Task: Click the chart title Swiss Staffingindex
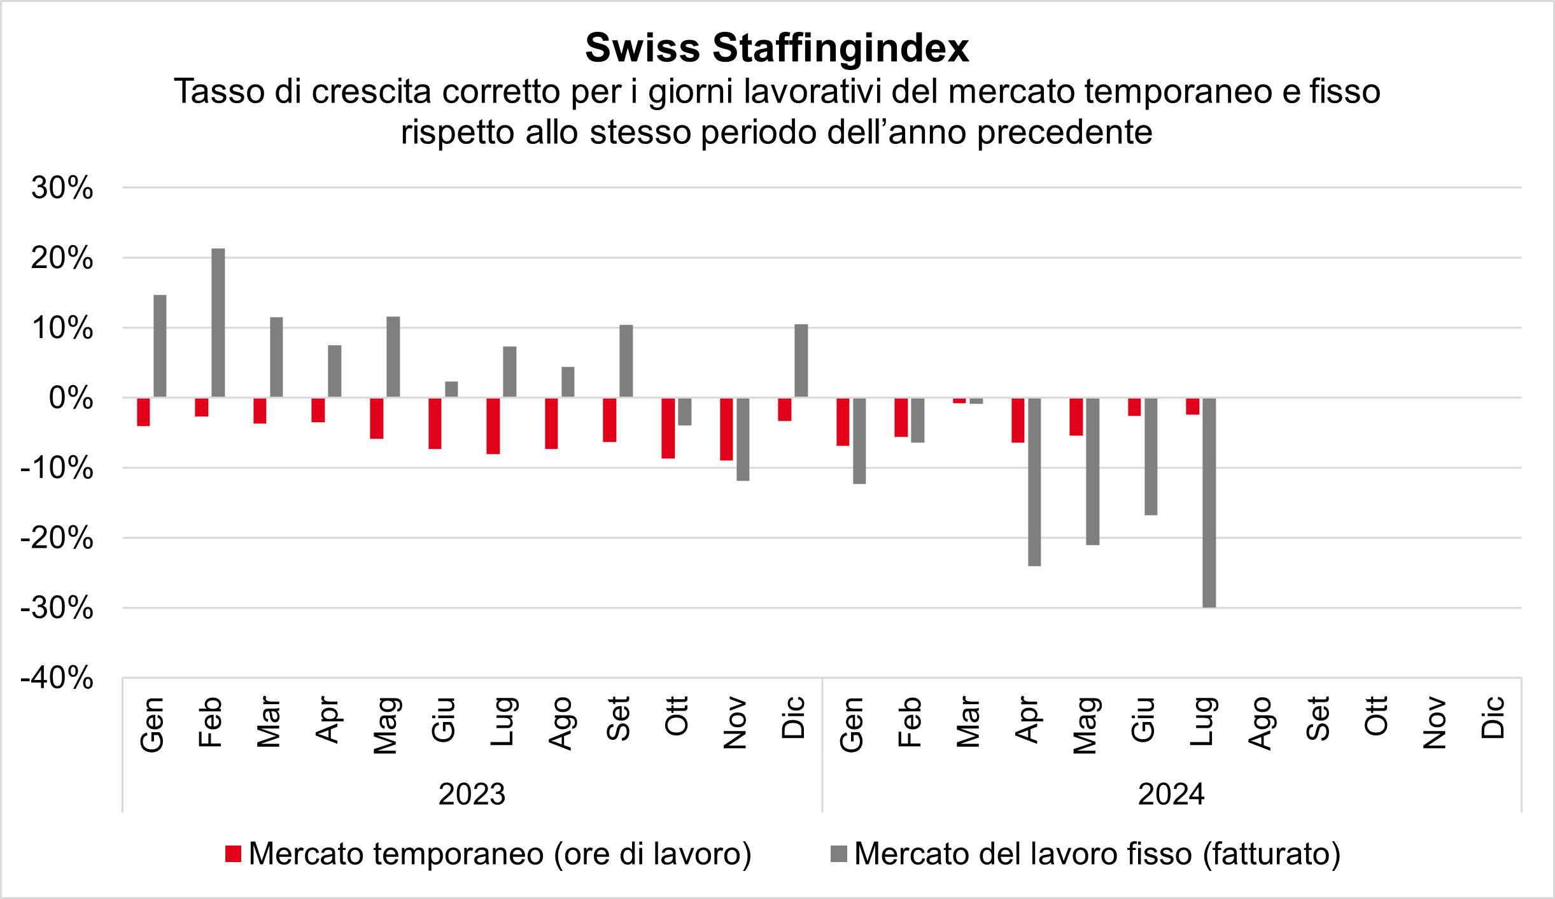777,48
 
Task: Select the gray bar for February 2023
218,323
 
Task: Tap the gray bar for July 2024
1209,502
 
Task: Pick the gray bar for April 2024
1034,482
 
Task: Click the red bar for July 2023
493,426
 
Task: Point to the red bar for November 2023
726,429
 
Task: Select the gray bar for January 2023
160,346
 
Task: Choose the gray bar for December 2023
801,360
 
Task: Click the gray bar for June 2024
1151,457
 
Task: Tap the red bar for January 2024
843,422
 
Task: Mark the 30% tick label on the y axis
62,188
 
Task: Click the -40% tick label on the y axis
57,678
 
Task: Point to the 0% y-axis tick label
71,399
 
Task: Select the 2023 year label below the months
472,794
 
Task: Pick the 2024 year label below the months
1171,794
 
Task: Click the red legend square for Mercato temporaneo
234,854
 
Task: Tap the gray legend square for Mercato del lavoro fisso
839,854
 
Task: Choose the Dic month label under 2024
1493,718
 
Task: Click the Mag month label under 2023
386,725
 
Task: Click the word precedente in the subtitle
1064,132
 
